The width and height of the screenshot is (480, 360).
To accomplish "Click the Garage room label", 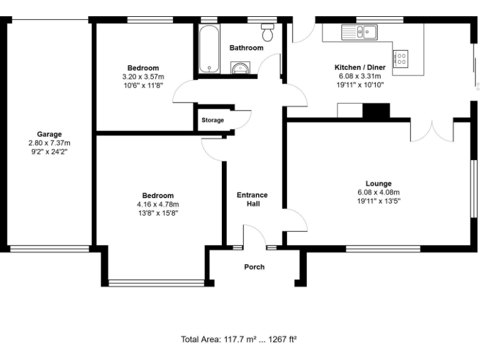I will tap(49, 134).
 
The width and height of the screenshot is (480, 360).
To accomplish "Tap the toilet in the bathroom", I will tap(268, 31).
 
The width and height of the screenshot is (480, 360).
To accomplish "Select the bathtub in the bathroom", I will tap(207, 49).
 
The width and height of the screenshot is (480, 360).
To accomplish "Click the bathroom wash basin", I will tap(240, 68).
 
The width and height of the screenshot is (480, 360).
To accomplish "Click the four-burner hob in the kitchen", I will tap(400, 59).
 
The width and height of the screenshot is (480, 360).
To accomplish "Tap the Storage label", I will tap(212, 120).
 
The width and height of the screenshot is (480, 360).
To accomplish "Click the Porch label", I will tap(254, 267).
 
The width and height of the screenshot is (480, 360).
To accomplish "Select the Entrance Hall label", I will tap(252, 199).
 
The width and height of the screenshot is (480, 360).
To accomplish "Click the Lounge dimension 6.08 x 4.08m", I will tap(378, 192).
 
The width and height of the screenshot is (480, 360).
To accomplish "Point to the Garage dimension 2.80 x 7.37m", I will tap(49, 142).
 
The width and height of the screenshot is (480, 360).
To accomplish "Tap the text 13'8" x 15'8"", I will tap(158, 212).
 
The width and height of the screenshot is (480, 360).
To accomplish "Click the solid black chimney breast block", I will tap(376, 111).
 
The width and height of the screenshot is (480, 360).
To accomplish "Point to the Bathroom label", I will tap(246, 47).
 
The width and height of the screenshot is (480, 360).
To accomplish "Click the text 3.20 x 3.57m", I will tap(143, 76).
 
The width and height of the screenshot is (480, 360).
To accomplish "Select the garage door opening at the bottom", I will tap(49, 248).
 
